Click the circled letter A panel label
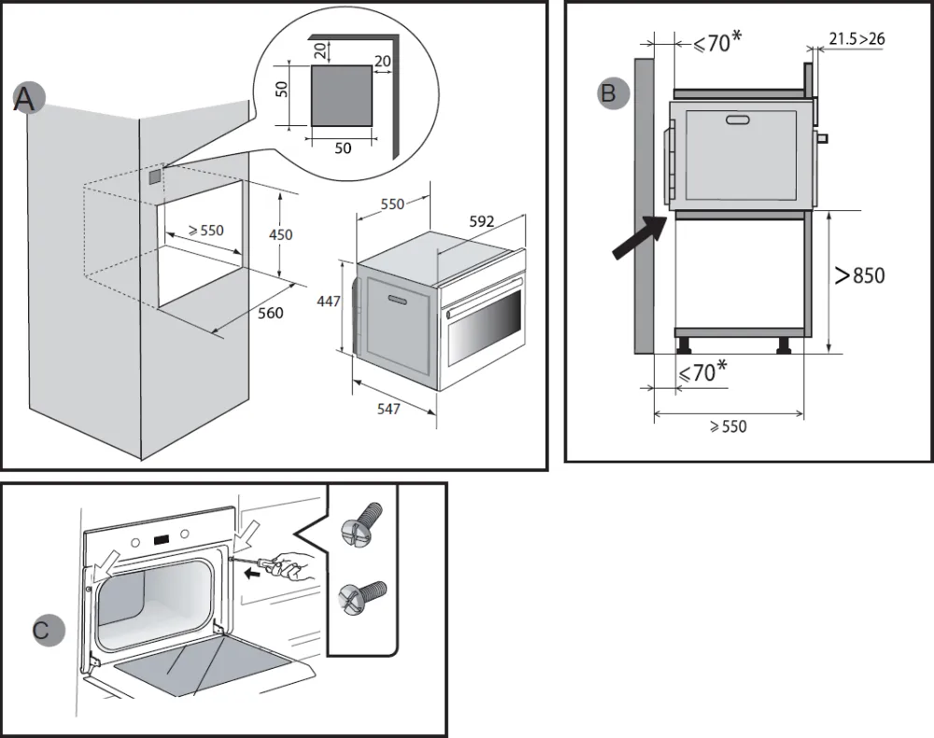pyautogui.click(x=26, y=98)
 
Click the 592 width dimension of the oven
pyautogui.click(x=482, y=221)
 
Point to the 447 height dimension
pyautogui.click(x=330, y=302)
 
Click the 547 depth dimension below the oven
pyautogui.click(x=389, y=408)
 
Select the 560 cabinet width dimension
pyautogui.click(x=270, y=313)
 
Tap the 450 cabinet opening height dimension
pyautogui.click(x=280, y=234)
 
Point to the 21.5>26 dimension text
pyautogui.click(x=856, y=38)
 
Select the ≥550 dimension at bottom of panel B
pyautogui.click(x=728, y=426)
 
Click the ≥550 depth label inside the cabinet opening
pyautogui.click(x=205, y=229)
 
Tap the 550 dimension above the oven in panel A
pyautogui.click(x=392, y=204)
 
